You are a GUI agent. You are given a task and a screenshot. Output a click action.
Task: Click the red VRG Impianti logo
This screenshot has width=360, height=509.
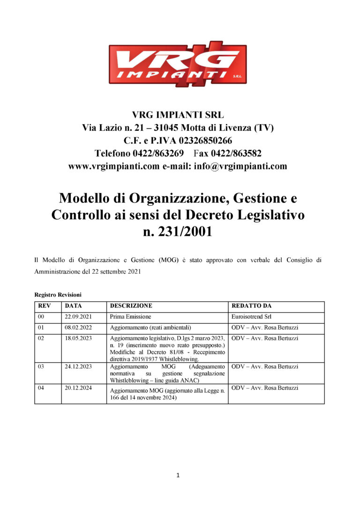coord(178,64)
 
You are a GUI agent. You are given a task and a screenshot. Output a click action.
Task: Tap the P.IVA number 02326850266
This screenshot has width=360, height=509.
coord(203,140)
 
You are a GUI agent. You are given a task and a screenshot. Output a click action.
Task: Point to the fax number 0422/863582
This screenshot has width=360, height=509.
coord(236,153)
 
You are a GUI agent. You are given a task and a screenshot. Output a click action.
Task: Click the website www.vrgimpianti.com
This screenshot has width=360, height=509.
coord(114,166)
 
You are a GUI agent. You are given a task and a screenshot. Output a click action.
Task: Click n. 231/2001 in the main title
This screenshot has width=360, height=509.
coord(178,231)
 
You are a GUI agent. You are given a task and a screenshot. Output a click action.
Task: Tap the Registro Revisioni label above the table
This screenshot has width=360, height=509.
coord(58,295)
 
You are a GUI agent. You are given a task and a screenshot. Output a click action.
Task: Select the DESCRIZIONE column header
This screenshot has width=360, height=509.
coord(131,306)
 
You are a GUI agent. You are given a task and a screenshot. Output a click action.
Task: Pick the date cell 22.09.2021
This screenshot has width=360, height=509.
coord(78,317)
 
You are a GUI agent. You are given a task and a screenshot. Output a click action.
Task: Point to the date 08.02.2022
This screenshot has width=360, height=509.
coord(78,328)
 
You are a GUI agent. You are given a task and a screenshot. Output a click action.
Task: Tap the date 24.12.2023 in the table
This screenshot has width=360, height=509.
coord(78,366)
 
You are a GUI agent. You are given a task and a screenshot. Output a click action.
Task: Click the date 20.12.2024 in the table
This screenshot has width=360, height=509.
coord(78,388)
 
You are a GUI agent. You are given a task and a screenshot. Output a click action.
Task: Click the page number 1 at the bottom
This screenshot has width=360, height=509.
coord(178,475)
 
